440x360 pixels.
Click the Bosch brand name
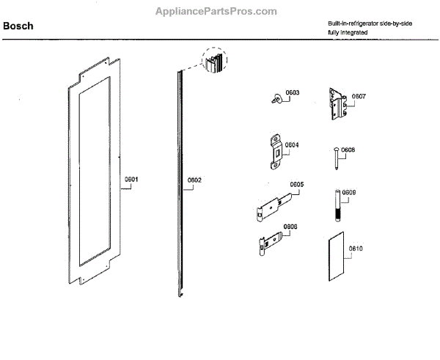[x=18, y=26]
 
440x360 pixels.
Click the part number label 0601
[x=131, y=179]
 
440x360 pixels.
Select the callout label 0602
[x=194, y=180]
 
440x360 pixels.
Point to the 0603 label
[x=293, y=93]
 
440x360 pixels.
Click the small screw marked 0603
[x=277, y=98]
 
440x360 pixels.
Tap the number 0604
[x=292, y=144]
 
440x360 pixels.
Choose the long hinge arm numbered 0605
[x=275, y=205]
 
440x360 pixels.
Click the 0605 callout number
[x=297, y=184]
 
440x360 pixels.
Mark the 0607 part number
[x=359, y=96]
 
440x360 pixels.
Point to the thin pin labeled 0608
[x=335, y=158]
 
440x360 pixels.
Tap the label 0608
[x=348, y=150]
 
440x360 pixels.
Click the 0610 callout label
[x=356, y=249]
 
